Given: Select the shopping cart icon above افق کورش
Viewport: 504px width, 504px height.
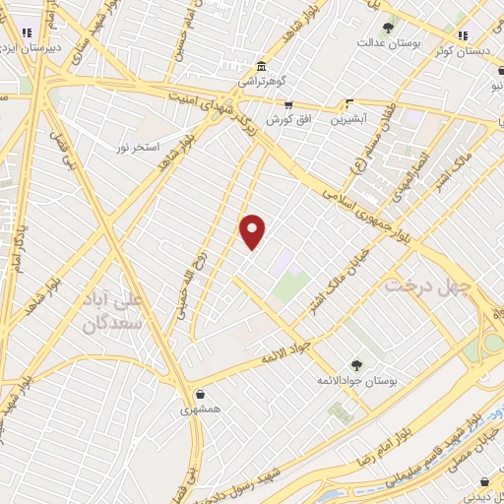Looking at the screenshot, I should coord(287,103).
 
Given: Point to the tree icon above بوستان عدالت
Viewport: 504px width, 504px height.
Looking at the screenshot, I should coord(388,29).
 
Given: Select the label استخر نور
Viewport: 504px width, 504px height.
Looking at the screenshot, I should coord(135,147).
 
